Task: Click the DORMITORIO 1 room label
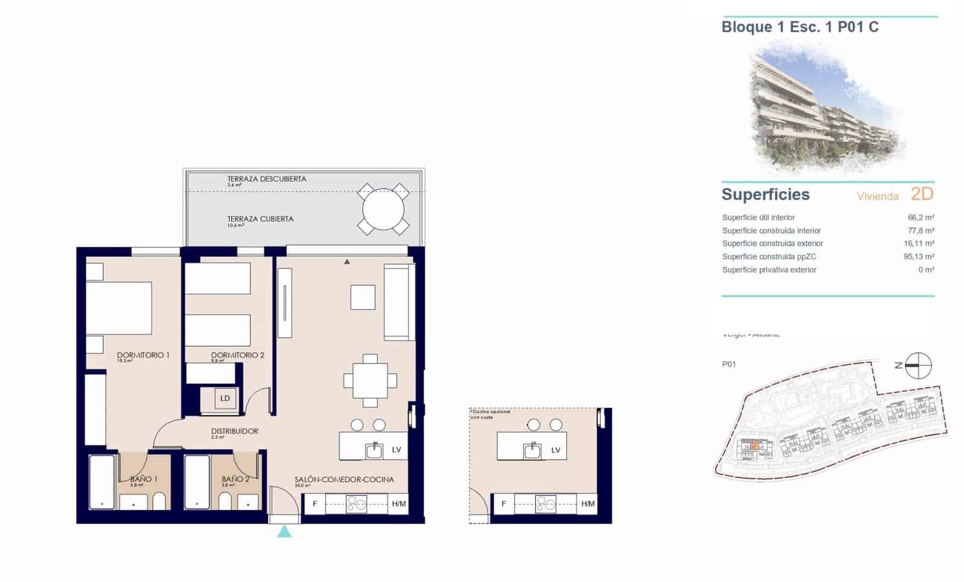tap(143, 355)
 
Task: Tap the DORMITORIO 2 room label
tap(237, 355)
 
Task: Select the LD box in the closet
tap(225, 398)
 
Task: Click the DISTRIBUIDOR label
tap(234, 431)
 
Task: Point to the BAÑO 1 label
tap(143, 479)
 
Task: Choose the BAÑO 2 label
tap(235, 479)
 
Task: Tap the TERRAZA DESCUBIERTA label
tap(266, 179)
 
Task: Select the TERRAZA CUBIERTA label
tap(260, 219)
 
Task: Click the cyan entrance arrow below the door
tap(284, 531)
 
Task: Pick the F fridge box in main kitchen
tap(315, 504)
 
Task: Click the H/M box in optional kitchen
tap(588, 504)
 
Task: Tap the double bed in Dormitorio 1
tap(118, 308)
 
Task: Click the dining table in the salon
tap(370, 380)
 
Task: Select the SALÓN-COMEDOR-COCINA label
tap(344, 480)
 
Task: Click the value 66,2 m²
tap(921, 217)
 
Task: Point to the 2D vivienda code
tap(922, 194)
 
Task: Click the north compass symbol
tap(918, 365)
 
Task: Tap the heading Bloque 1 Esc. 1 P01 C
tap(800, 27)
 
